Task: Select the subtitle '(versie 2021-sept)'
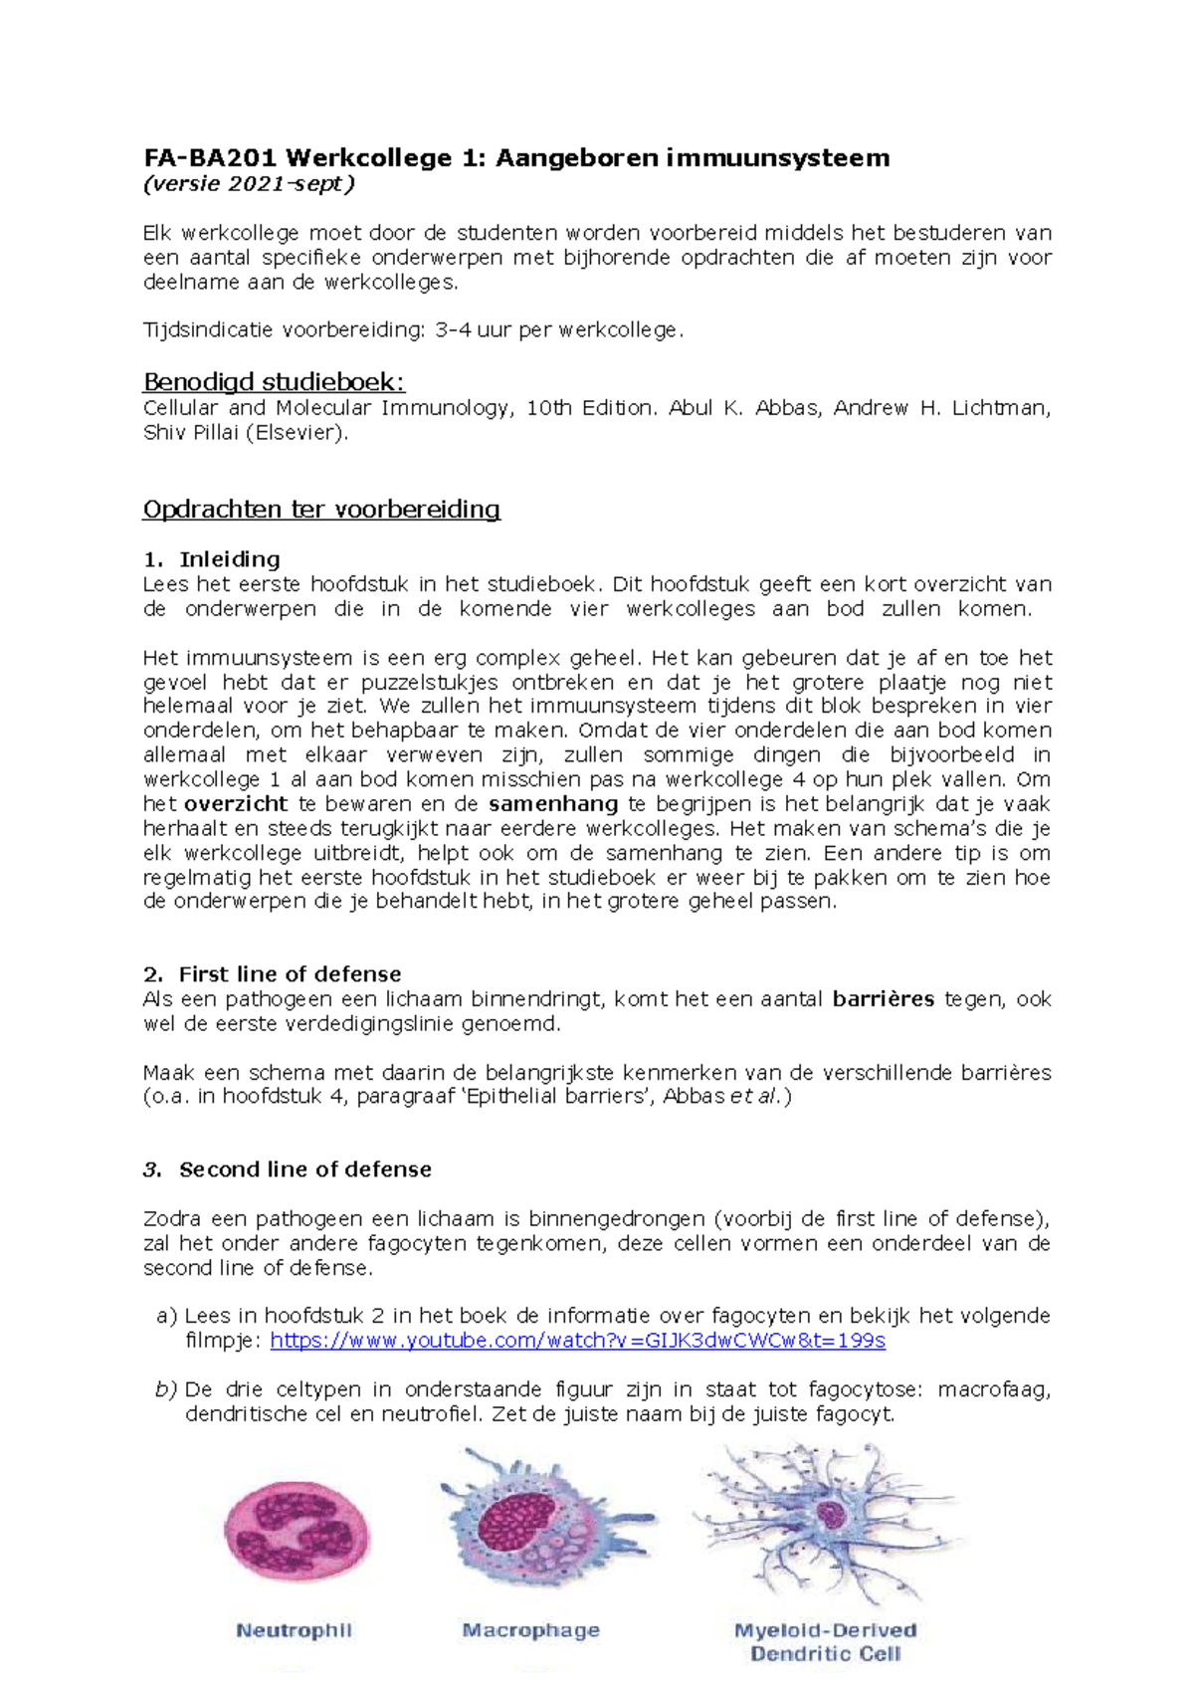coord(249,184)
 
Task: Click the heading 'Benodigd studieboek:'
coord(274,382)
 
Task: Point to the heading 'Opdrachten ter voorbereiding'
coord(321,510)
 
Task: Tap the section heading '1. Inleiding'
coord(212,559)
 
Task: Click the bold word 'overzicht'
coord(236,804)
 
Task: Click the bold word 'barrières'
coord(883,999)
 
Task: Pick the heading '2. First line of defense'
coord(272,974)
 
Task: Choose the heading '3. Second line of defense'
coord(288,1169)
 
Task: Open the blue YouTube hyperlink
coord(577,1341)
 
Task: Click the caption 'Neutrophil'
coord(294,1630)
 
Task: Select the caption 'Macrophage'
coord(530,1630)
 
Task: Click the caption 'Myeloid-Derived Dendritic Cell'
coord(825,1642)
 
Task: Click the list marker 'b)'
coord(165,1389)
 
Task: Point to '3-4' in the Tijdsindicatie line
coord(453,330)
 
